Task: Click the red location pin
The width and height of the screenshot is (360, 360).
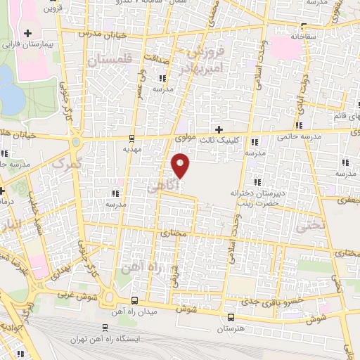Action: click(181, 164)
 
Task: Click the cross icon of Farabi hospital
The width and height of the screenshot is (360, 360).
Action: click(27, 33)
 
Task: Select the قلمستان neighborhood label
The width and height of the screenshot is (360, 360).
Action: click(110, 62)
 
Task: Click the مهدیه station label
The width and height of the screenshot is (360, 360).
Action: click(133, 149)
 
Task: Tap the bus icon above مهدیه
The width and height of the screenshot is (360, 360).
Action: click(133, 139)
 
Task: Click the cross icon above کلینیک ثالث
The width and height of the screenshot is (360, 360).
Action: click(219, 129)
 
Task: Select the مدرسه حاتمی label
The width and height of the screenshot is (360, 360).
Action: click(302, 137)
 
